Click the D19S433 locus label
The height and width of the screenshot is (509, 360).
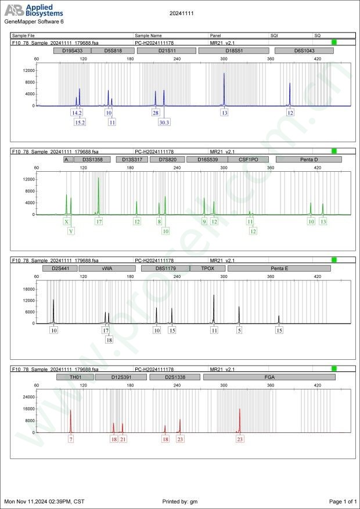(x=69, y=51)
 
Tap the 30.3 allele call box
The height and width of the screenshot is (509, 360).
(x=164, y=122)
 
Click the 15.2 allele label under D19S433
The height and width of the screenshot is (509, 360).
(x=80, y=122)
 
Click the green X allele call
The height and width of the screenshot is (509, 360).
(x=67, y=221)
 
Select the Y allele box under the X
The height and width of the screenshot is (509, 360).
(x=71, y=231)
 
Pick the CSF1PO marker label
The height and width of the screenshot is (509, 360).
(x=249, y=159)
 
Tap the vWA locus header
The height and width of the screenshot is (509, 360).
(x=107, y=269)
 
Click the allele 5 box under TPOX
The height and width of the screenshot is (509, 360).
(x=239, y=330)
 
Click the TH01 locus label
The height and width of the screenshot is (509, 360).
(x=75, y=377)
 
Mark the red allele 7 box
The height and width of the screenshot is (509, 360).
(x=71, y=439)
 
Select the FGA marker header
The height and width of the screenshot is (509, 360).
(x=269, y=377)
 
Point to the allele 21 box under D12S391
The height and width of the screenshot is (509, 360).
(x=123, y=439)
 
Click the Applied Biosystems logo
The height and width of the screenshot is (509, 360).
(x=35, y=10)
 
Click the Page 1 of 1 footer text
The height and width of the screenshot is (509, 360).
(x=342, y=501)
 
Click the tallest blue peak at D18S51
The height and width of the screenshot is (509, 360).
(x=224, y=74)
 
